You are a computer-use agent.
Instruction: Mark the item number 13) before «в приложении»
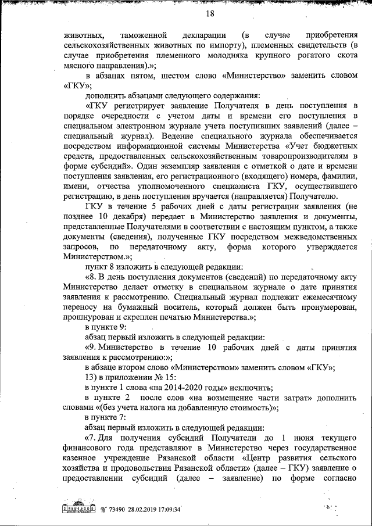(92, 377)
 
